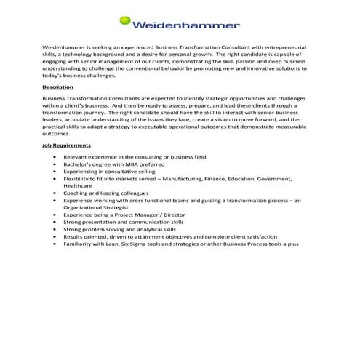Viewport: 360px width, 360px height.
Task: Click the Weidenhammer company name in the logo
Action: coord(186,25)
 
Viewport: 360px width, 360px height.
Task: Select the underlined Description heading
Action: coord(57,87)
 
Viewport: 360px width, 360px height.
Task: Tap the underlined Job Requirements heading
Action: coord(66,145)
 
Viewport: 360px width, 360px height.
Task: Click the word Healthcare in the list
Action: coord(79,185)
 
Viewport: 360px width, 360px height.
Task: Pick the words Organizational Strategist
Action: coord(99,207)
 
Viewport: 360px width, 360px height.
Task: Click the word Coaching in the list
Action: coord(77,193)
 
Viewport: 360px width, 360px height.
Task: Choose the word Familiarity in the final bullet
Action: coord(79,244)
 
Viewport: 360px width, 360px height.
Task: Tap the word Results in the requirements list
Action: coord(73,236)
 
